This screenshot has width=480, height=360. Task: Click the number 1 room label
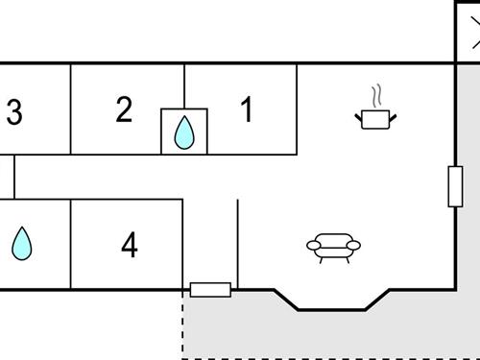point(247,110)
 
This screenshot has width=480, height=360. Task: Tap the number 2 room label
point(124,109)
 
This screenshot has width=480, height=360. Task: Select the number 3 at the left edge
point(13,113)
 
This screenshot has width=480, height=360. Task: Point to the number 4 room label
point(129,246)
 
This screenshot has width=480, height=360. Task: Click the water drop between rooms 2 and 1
point(182,132)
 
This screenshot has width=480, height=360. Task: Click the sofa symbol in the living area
point(333,248)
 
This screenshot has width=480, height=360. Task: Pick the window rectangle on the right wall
point(455,186)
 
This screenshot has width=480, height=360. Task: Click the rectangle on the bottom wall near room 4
point(210,289)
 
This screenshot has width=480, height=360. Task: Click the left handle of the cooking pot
point(358,117)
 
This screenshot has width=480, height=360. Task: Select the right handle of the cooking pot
point(393,117)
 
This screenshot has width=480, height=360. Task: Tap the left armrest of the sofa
point(313,246)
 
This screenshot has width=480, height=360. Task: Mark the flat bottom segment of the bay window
point(331,310)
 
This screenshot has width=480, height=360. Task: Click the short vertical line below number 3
point(13,176)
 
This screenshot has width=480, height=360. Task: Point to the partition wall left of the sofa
point(237,244)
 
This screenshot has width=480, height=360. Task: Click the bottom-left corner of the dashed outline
point(183,357)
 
